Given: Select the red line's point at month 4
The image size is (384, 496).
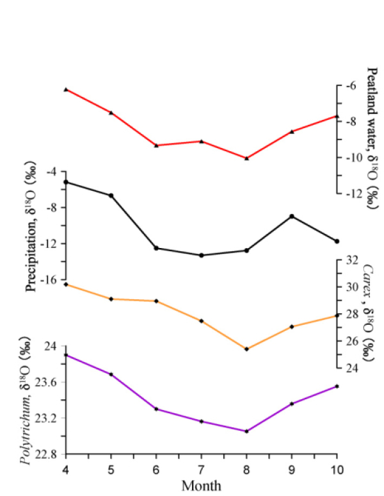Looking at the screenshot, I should [66, 89].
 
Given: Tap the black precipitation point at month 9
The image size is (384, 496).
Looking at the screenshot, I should [292, 216].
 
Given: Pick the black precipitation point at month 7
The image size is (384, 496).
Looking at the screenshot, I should [202, 255].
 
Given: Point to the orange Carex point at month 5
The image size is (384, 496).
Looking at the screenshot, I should [111, 299].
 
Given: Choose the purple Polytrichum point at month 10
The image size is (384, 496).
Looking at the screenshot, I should [337, 386].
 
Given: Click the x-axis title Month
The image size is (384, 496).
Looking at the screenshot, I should [202, 486].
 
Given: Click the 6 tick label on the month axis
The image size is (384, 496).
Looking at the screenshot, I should [156, 470].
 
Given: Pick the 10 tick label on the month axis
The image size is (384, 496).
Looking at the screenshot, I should [337, 470].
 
